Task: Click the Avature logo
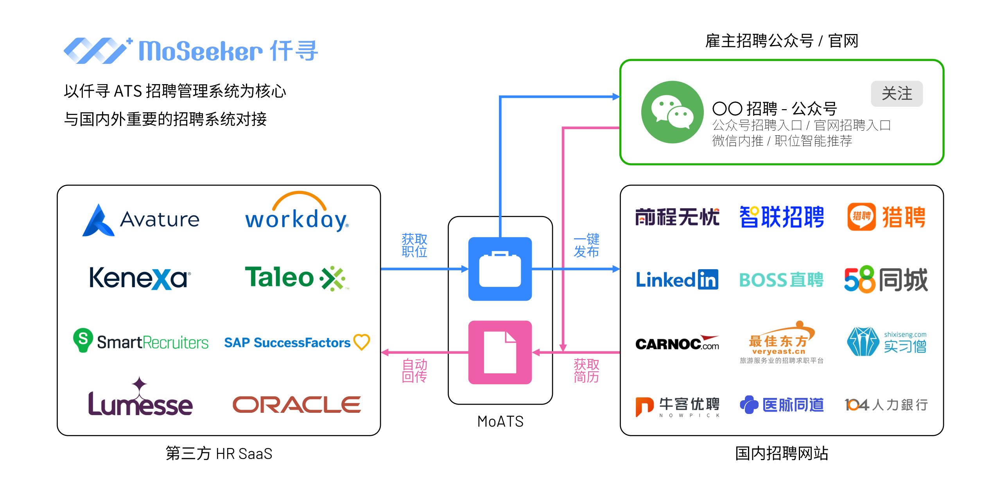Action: tap(141, 220)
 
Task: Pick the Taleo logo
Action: tap(296, 278)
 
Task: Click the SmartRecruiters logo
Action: tap(141, 341)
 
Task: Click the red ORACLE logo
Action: tap(297, 405)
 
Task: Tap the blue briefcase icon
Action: tap(500, 269)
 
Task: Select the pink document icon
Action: tap(500, 352)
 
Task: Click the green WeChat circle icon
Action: tap(672, 112)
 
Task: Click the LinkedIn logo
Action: tap(677, 279)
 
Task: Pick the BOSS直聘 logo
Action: tap(781, 280)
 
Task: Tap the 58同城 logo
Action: tap(886, 279)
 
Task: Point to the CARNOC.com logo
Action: tap(677, 343)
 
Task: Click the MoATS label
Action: tap(500, 421)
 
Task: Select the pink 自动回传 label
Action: tap(414, 370)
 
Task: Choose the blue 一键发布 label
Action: tap(586, 245)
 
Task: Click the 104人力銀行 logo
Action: tap(886, 405)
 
